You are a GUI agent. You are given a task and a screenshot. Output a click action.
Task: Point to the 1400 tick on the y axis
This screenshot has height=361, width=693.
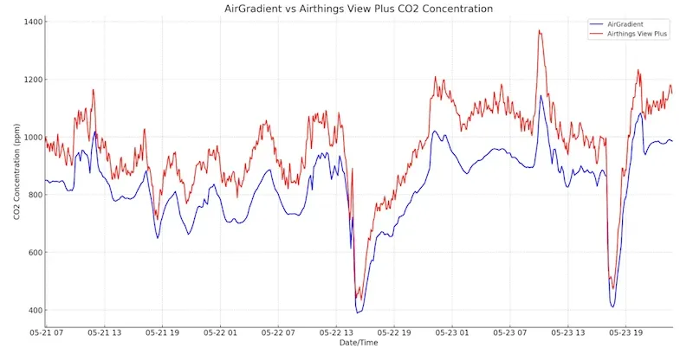(x=35, y=22)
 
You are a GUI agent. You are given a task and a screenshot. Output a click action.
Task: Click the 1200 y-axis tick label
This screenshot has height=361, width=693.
(x=35, y=80)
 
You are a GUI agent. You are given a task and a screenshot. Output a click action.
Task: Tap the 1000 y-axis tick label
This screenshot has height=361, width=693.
(x=35, y=137)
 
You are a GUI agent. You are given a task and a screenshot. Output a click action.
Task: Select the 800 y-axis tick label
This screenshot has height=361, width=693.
(x=37, y=195)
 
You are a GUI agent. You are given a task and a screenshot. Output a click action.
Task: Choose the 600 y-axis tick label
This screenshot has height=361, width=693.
(x=37, y=253)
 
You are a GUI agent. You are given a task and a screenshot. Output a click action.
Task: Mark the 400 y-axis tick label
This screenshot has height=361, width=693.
(x=37, y=310)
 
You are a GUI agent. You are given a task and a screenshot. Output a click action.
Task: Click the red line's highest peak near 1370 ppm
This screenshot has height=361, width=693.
(x=540, y=31)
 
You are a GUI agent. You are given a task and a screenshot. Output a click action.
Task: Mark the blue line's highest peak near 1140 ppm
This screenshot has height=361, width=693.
(x=541, y=96)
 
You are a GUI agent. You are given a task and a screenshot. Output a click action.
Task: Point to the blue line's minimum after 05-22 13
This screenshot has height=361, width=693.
(x=358, y=312)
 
